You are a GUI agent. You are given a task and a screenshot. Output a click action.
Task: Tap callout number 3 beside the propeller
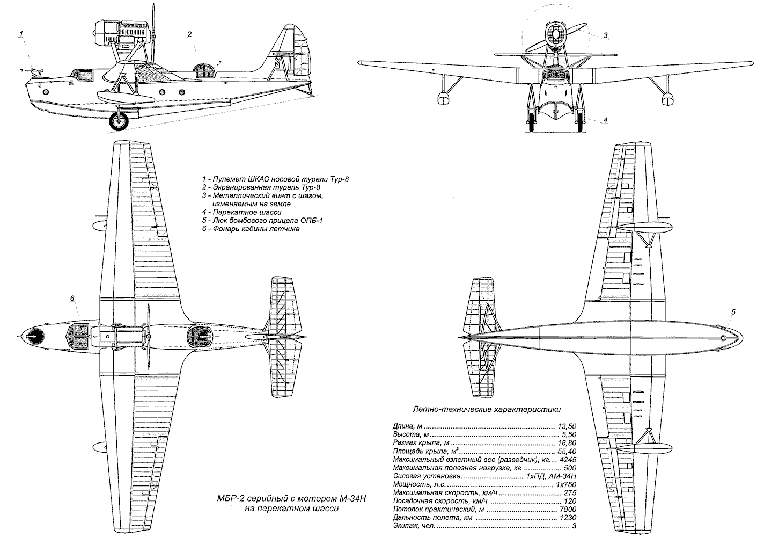605,36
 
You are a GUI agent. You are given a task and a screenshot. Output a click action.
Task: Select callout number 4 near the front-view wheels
605,120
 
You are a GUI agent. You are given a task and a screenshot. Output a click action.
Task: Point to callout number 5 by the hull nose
733,312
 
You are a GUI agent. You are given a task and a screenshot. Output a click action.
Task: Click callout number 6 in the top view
71,299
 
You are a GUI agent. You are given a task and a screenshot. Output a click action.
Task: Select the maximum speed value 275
569,492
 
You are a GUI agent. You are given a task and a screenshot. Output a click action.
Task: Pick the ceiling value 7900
568,509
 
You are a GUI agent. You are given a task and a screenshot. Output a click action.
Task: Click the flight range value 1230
568,518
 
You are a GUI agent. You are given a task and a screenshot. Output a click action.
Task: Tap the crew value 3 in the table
574,526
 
